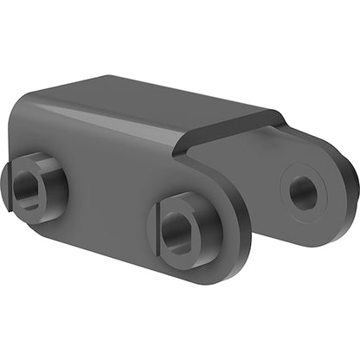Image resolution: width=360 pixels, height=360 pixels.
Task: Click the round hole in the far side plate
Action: (x=303, y=192)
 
